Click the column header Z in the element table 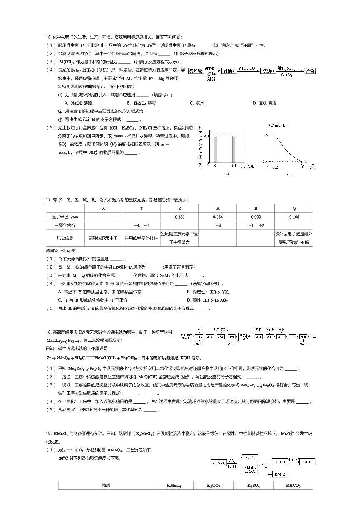click(179, 208)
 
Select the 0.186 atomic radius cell click(179, 217)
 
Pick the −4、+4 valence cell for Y click(141, 225)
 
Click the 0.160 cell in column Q click(294, 217)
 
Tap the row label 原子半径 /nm click(65, 217)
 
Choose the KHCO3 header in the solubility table click(293, 486)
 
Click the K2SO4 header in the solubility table click(254, 486)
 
